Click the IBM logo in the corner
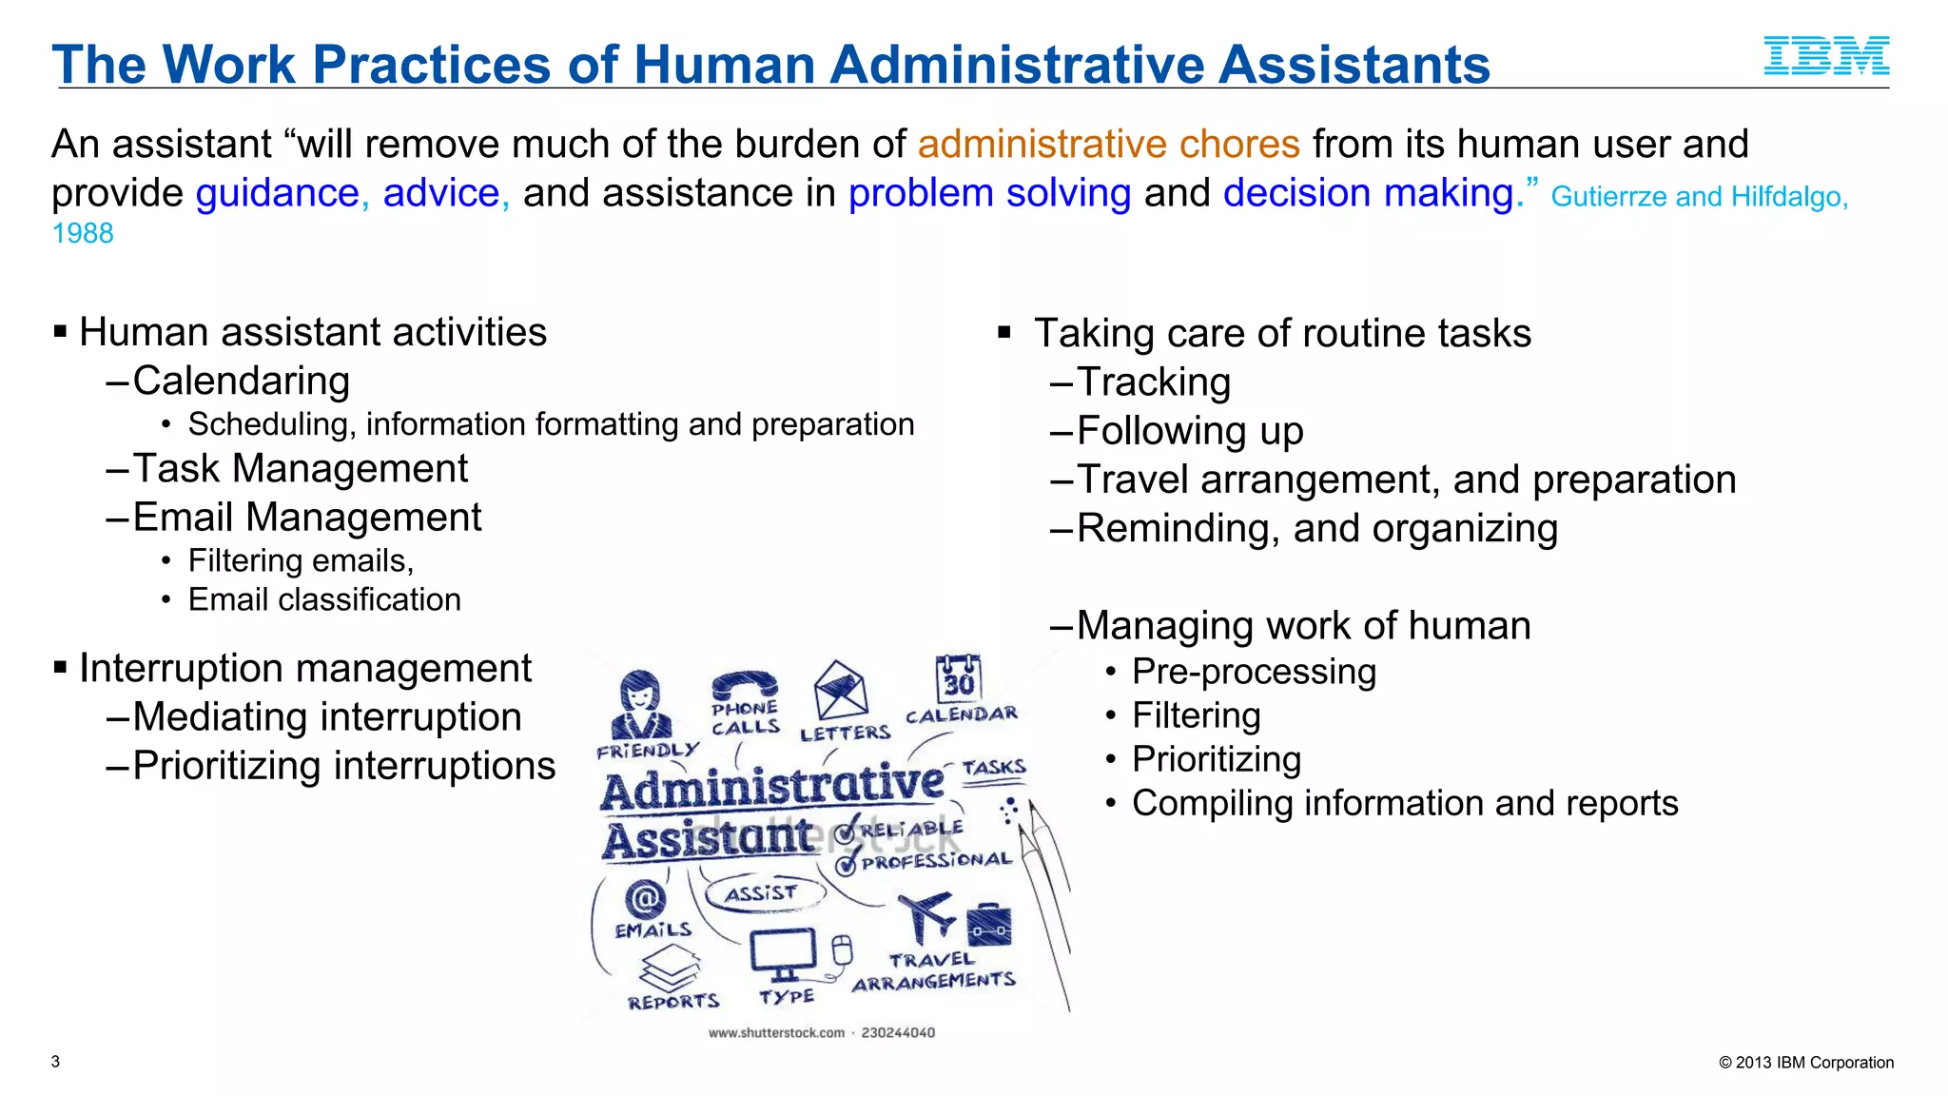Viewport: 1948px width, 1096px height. click(1826, 56)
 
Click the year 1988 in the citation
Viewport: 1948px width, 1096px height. click(83, 233)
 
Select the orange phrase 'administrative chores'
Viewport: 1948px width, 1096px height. click(1108, 145)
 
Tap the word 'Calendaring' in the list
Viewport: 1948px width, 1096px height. click(242, 381)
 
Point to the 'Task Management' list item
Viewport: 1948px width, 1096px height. click(300, 468)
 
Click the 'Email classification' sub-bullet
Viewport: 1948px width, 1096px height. click(324, 599)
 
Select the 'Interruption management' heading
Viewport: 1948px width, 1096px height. click(304, 668)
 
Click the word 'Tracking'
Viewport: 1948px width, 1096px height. click(1154, 382)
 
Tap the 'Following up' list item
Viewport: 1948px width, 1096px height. click(1190, 431)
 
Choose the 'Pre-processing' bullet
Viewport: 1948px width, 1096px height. click(1254, 672)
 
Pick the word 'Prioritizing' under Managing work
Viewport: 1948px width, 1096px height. click(1217, 759)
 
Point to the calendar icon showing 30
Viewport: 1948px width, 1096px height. click(958, 678)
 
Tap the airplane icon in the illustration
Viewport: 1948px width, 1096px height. click(925, 916)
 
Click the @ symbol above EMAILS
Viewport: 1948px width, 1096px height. click(645, 897)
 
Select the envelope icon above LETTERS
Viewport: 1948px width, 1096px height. click(840, 690)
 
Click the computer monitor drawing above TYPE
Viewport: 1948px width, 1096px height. click(783, 952)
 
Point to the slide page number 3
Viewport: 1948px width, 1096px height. click(56, 1062)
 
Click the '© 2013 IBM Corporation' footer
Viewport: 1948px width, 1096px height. click(1805, 1063)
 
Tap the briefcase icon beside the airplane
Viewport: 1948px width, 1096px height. click(988, 924)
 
